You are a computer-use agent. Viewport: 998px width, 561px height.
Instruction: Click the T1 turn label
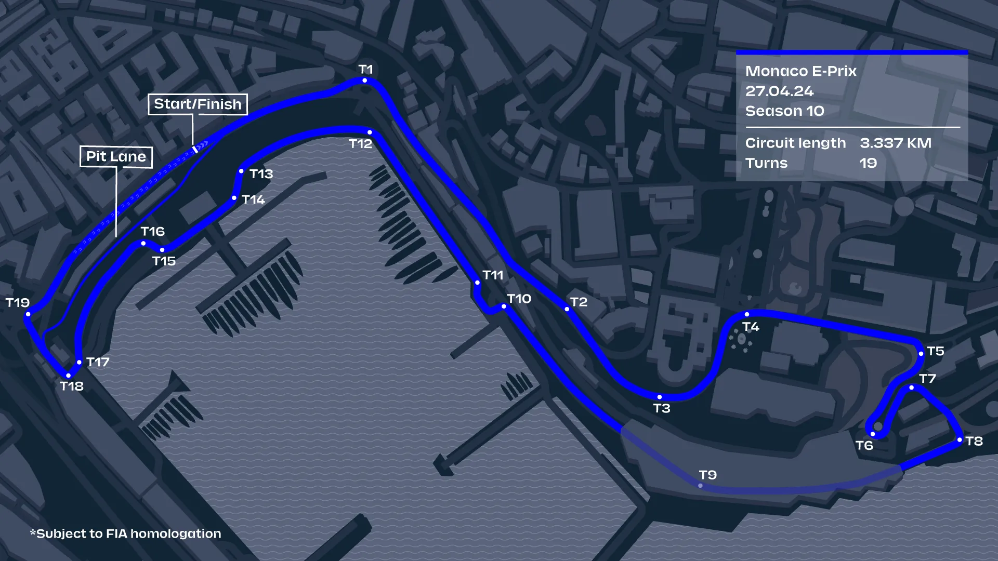coord(365,69)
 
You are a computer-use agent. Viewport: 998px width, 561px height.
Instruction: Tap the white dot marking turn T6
coord(873,434)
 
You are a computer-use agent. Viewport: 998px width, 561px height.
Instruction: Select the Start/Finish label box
coord(198,104)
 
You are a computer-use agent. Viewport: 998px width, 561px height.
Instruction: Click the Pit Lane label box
coord(116,157)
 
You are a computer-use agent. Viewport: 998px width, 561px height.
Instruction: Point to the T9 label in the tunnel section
coord(707,475)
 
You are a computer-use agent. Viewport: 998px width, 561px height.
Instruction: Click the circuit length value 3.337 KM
coord(895,143)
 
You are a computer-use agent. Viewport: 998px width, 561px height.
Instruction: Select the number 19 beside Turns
coord(868,163)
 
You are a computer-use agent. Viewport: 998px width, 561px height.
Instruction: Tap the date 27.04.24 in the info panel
coord(779,91)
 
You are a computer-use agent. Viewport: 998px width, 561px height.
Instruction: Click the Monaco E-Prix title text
coord(800,71)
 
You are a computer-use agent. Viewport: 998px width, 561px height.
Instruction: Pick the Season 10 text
coord(784,111)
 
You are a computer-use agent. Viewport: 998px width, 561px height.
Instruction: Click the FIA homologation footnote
coord(126,533)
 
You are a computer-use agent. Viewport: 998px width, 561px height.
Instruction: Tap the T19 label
coord(17,302)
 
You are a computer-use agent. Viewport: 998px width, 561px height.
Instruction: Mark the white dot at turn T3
coord(660,397)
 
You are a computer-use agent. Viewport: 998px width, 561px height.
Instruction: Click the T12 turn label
coord(360,144)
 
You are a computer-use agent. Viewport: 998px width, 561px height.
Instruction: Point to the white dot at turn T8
coord(960,440)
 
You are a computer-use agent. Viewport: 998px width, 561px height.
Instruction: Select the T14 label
coord(253,199)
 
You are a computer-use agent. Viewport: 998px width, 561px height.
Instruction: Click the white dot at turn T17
coord(79,363)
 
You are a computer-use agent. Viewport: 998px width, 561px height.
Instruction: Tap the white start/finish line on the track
coord(195,150)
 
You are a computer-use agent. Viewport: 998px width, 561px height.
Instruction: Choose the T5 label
coord(935,351)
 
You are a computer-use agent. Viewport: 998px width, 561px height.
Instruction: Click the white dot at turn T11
coord(477,283)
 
